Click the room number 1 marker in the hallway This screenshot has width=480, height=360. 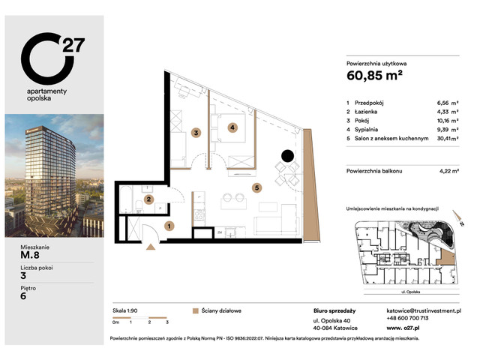(x=169, y=225)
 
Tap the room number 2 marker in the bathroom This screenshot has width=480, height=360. (x=150, y=199)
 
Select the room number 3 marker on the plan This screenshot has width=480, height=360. (x=196, y=133)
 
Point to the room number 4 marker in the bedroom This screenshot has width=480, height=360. (x=233, y=127)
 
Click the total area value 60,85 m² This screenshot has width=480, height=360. (x=377, y=76)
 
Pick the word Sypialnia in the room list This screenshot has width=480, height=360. (x=369, y=129)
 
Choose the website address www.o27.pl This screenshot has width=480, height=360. (x=406, y=328)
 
